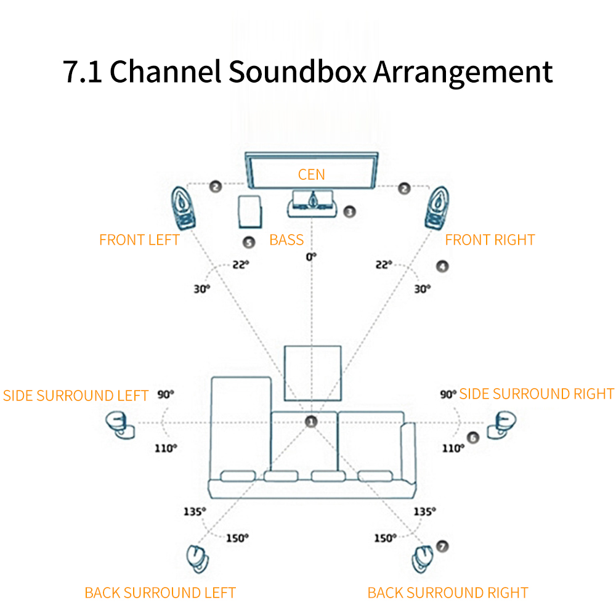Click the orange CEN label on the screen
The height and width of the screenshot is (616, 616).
tap(312, 174)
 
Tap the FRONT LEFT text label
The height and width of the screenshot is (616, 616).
tap(139, 240)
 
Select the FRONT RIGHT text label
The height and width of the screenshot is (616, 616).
tap(490, 240)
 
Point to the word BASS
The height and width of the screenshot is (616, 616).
tap(286, 240)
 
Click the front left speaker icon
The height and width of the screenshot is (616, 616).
tap(183, 208)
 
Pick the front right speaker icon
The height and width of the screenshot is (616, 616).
tap(437, 208)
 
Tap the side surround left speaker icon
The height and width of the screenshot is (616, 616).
tap(120, 425)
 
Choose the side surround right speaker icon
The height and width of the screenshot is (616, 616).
tap(501, 425)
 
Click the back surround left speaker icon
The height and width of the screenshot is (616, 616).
tap(198, 559)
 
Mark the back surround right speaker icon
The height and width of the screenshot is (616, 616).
tap(423, 559)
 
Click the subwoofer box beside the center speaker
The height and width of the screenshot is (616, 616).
tap(250, 212)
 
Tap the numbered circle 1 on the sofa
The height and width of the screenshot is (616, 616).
tap(311, 422)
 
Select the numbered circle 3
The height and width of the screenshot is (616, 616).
tap(350, 212)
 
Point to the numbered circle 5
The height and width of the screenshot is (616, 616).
tap(249, 242)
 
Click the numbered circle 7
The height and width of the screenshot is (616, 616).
tap(442, 546)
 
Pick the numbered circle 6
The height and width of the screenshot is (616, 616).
tap(473, 437)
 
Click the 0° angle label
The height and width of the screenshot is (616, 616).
tap(311, 257)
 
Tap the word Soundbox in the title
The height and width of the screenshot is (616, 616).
tap(297, 72)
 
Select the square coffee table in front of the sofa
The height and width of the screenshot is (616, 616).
tap(313, 373)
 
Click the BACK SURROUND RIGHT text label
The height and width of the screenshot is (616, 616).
tap(448, 593)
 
